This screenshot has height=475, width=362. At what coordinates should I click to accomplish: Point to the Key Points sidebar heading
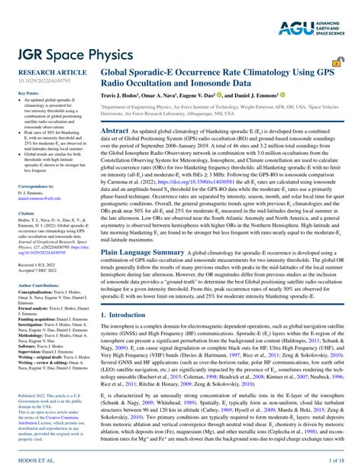[x=28, y=92]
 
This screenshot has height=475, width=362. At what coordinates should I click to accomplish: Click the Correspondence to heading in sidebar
[x=35, y=186]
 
